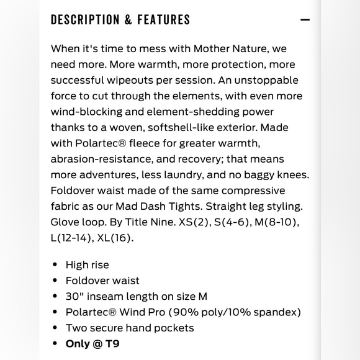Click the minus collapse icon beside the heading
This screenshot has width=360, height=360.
pyautogui.click(x=305, y=20)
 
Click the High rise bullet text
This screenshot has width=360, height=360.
pyautogui.click(x=88, y=265)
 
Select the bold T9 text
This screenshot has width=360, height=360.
pyautogui.click(x=110, y=343)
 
